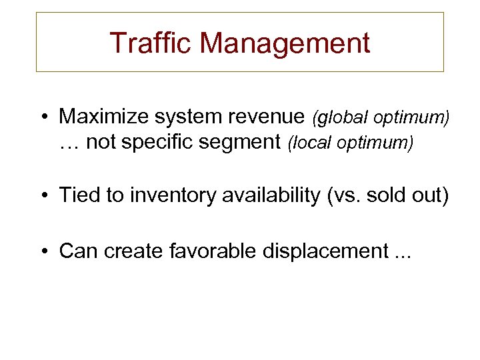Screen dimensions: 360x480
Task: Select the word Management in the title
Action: point(285,43)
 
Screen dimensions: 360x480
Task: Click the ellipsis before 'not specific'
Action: point(69,142)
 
